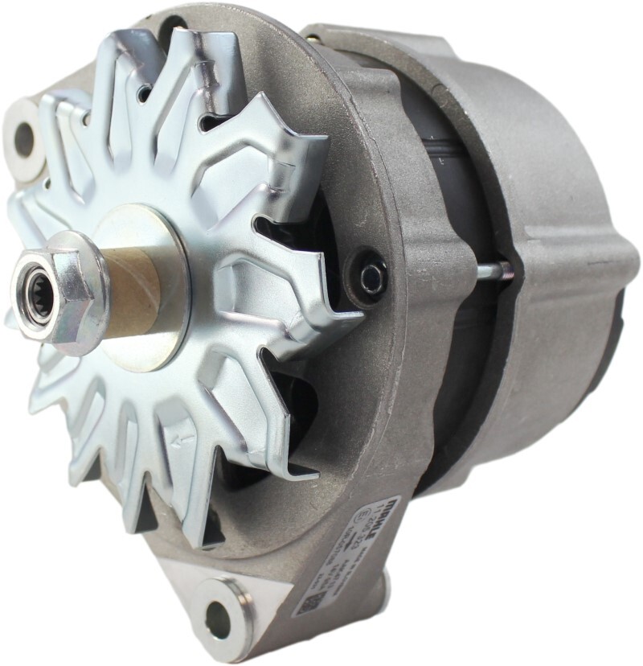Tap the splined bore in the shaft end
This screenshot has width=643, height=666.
(x=37, y=290)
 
